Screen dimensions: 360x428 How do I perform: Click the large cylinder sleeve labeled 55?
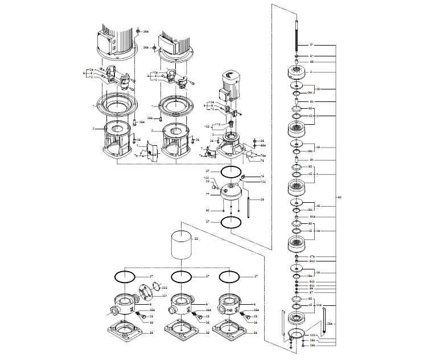pyautogui.click(x=182, y=246)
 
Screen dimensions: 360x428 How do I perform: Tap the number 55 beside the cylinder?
pyautogui.click(x=197, y=239)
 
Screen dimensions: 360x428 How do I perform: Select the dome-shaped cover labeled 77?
pyautogui.click(x=232, y=194)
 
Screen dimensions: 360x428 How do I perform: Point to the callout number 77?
pyautogui.click(x=208, y=194)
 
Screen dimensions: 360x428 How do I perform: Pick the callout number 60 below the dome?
pyautogui.click(x=208, y=211)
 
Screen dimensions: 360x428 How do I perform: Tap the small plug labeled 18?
pyautogui.click(x=242, y=178)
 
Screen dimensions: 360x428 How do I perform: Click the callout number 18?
pyautogui.click(x=263, y=176)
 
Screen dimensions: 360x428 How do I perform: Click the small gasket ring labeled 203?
pyautogui.click(x=159, y=287)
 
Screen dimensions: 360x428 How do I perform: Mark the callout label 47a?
pyautogui.click(x=312, y=257)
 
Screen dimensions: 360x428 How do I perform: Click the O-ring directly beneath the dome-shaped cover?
pyautogui.click(x=231, y=222)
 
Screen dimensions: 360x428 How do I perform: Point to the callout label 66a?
pyautogui.click(x=312, y=216)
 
